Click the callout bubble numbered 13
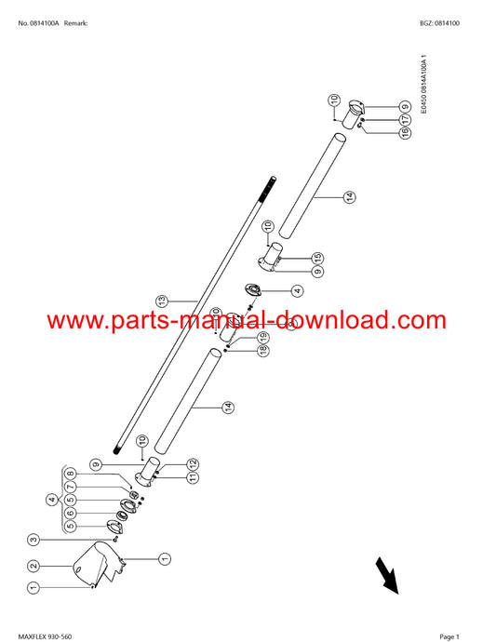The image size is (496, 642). click(162, 301)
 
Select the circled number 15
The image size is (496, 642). click(317, 259)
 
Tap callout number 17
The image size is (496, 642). click(405, 119)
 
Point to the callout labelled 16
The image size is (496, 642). click(405, 133)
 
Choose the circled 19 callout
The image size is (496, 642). click(263, 338)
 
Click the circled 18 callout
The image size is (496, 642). click(263, 350)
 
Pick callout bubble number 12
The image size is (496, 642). click(193, 464)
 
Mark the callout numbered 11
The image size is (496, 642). click(193, 477)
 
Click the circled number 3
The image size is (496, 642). click(34, 540)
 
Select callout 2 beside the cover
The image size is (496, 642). click(34, 566)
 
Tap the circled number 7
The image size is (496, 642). click(71, 487)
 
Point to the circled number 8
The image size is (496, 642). click(71, 474)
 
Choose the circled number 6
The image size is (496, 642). click(71, 513)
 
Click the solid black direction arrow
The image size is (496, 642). click(387, 575)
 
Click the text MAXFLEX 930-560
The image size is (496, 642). click(45, 636)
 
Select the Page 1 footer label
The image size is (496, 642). click(449, 636)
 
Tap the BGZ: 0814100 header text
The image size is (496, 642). click(439, 23)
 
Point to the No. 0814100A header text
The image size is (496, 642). click(38, 23)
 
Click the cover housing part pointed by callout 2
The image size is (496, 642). click(99, 564)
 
